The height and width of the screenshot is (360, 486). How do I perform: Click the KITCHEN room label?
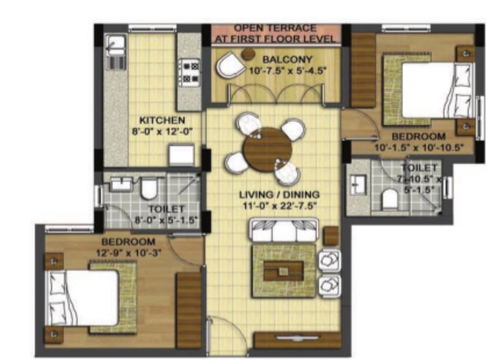click(162, 120)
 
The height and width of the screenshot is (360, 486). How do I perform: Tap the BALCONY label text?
click(287, 59)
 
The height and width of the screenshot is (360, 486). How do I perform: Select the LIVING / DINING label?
click(279, 195)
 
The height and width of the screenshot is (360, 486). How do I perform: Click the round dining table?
click(268, 149)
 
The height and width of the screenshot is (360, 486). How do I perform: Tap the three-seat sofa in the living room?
click(284, 230)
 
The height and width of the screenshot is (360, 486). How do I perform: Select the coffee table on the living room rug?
click(283, 271)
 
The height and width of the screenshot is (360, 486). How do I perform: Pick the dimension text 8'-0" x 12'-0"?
click(162, 131)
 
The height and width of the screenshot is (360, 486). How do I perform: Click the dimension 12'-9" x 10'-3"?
click(128, 253)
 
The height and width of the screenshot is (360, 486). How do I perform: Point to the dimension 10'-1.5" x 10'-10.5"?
click(419, 147)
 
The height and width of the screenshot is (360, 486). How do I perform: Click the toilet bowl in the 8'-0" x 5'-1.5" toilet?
click(149, 188)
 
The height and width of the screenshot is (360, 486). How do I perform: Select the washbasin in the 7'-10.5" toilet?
click(358, 185)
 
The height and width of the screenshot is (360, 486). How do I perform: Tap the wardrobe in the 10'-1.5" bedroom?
click(363, 70)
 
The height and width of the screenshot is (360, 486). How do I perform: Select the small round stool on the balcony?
click(248, 54)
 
